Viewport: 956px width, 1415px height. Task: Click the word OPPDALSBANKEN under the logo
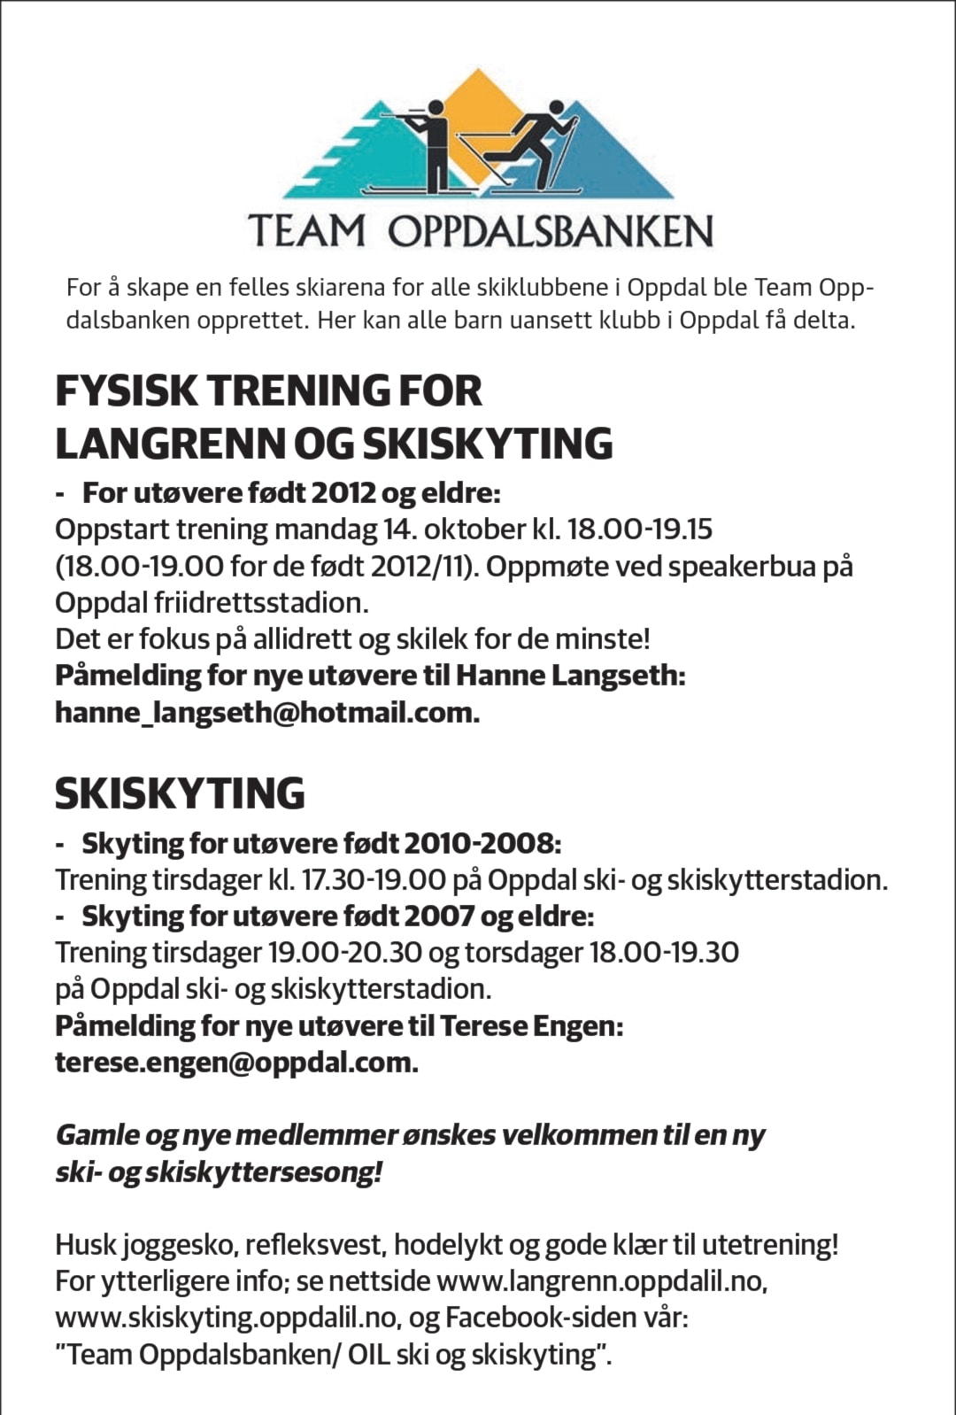550,231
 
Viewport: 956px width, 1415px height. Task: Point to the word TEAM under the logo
306,231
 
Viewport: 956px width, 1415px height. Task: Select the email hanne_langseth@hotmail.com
266,712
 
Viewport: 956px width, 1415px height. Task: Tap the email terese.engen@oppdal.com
236,1062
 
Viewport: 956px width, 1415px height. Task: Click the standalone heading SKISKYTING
180,793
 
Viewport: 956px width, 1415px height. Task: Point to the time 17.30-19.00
374,880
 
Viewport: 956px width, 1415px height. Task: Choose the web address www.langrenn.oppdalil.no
602,1280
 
